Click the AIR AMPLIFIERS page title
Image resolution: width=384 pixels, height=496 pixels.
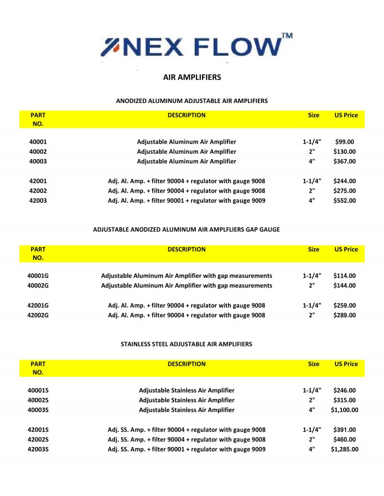[x=192, y=77]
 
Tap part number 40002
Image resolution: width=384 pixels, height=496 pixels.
[x=38, y=152]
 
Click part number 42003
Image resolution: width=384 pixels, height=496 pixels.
[x=38, y=201]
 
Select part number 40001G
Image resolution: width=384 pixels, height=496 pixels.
[x=38, y=276]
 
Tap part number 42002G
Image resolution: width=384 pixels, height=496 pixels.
[x=38, y=315]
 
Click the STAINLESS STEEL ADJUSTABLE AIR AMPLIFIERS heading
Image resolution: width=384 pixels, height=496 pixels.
[x=187, y=344]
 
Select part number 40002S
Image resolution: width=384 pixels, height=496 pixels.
[x=38, y=400]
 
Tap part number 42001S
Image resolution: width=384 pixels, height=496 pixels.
[x=38, y=430]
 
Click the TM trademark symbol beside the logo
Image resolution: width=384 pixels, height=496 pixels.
[x=287, y=36]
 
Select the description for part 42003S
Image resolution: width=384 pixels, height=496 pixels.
[x=187, y=450]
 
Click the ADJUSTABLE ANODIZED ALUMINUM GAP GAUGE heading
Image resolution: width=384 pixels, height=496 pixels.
[x=186, y=230]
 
